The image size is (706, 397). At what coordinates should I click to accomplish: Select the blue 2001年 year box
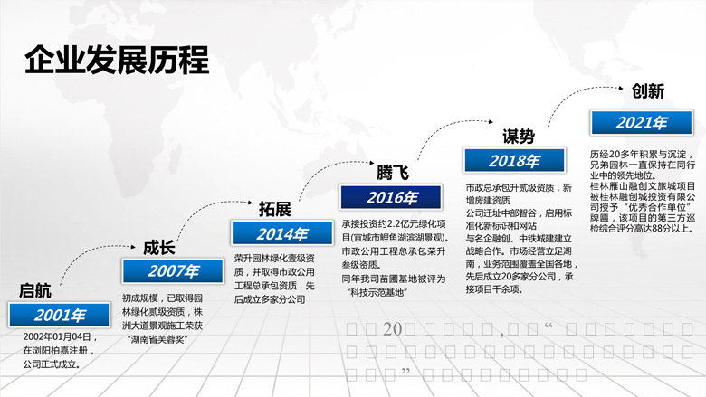60,315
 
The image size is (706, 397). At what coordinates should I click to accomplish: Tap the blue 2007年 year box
174,271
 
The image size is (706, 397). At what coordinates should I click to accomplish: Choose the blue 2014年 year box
282,234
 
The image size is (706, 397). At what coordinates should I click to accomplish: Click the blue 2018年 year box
513,160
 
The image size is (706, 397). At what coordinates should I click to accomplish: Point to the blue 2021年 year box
641,123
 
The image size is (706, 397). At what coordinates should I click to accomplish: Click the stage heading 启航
35,291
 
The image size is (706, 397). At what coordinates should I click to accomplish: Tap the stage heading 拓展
274,210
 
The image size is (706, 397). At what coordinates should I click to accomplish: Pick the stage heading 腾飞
393,172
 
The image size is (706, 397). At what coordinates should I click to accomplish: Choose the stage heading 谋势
518,137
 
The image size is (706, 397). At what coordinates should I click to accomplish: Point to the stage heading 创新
648,91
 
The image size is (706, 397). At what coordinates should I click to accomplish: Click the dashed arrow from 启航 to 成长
91,262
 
